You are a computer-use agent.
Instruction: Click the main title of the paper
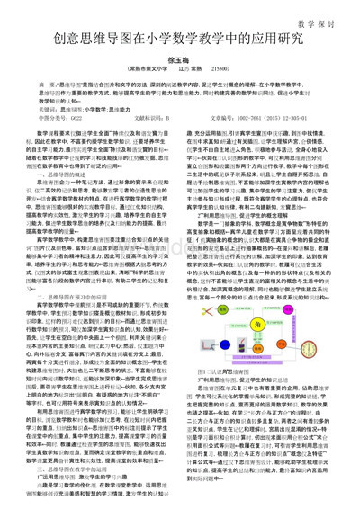pyautogui.click(x=179, y=40)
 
